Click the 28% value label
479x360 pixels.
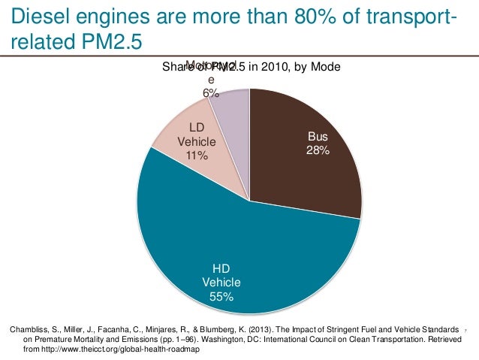[318, 150]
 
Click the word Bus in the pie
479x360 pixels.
[318, 138]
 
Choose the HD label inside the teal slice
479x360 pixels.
[221, 268]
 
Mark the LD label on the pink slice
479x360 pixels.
[197, 128]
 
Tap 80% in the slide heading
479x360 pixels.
[272, 14]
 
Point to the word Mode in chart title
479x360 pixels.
[326, 67]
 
